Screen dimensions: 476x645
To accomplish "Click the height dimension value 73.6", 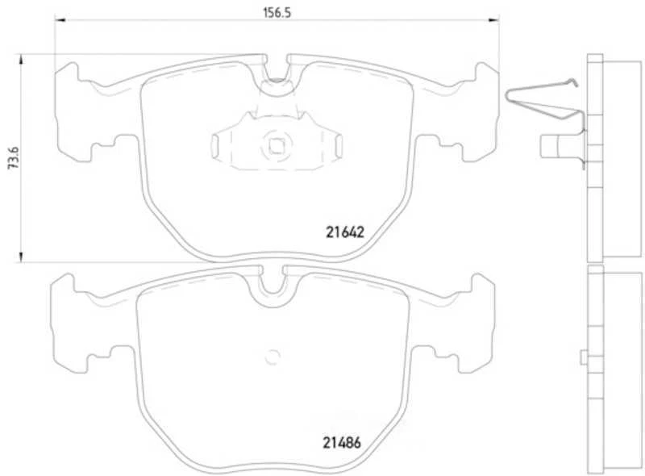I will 10,158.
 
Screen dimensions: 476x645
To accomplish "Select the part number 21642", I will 346,232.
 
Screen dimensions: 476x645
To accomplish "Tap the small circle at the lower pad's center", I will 272,354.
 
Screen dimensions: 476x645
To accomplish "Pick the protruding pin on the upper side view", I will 552,146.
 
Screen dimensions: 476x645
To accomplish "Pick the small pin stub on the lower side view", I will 583,357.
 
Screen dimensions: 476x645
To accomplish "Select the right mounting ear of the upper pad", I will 476,113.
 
